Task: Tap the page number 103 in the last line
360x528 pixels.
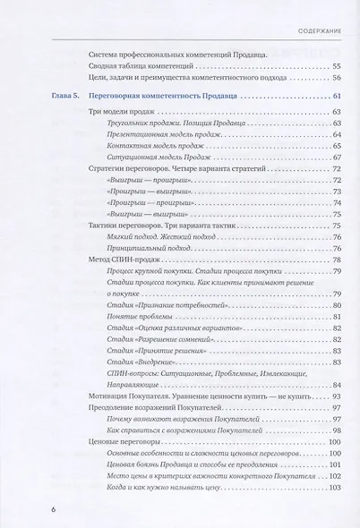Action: point(334,487)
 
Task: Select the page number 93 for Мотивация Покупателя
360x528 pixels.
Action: point(336,396)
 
